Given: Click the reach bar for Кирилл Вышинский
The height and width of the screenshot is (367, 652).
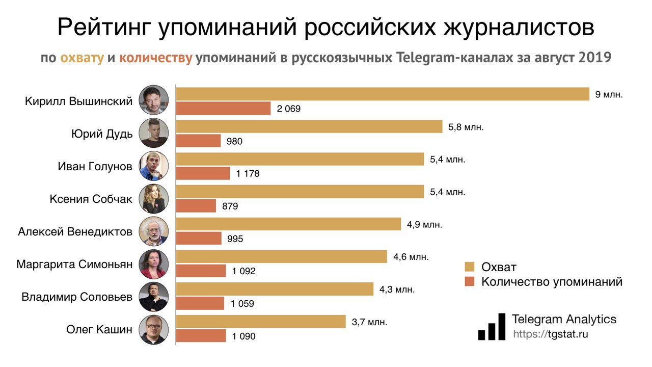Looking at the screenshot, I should pyautogui.click(x=382, y=94).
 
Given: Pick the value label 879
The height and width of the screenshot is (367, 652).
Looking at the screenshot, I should pyautogui.click(x=230, y=206).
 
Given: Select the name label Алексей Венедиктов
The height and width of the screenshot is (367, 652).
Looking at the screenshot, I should pyautogui.click(x=75, y=232).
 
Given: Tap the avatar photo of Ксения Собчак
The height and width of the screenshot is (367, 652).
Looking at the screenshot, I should pyautogui.click(x=153, y=199).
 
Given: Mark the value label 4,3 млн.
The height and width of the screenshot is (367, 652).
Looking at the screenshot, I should pyautogui.click(x=397, y=290).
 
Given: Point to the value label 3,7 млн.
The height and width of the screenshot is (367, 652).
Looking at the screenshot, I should pyautogui.click(x=369, y=322).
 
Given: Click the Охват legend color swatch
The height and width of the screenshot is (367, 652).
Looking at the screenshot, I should pyautogui.click(x=470, y=267).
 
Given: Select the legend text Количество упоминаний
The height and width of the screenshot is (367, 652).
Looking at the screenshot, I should pyautogui.click(x=552, y=282).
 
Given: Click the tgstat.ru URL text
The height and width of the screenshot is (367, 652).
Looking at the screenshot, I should pyautogui.click(x=551, y=334).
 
